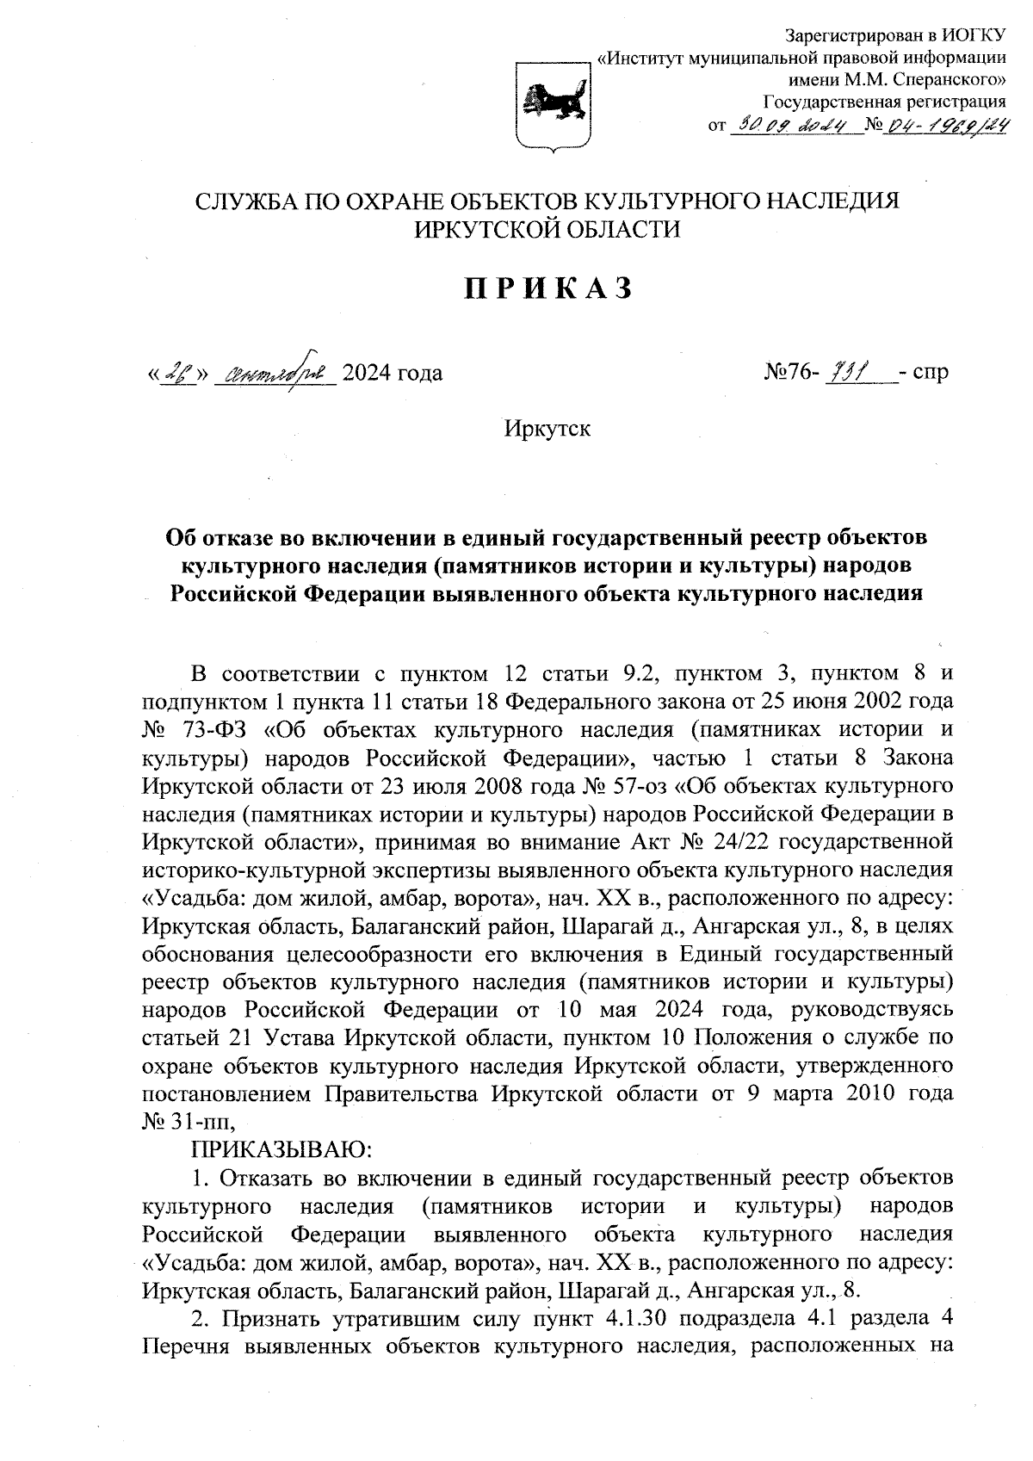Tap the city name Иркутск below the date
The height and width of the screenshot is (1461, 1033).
pos(547,428)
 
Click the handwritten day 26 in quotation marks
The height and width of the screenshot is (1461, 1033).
pos(179,373)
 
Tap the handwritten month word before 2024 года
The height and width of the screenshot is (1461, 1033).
pos(274,374)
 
